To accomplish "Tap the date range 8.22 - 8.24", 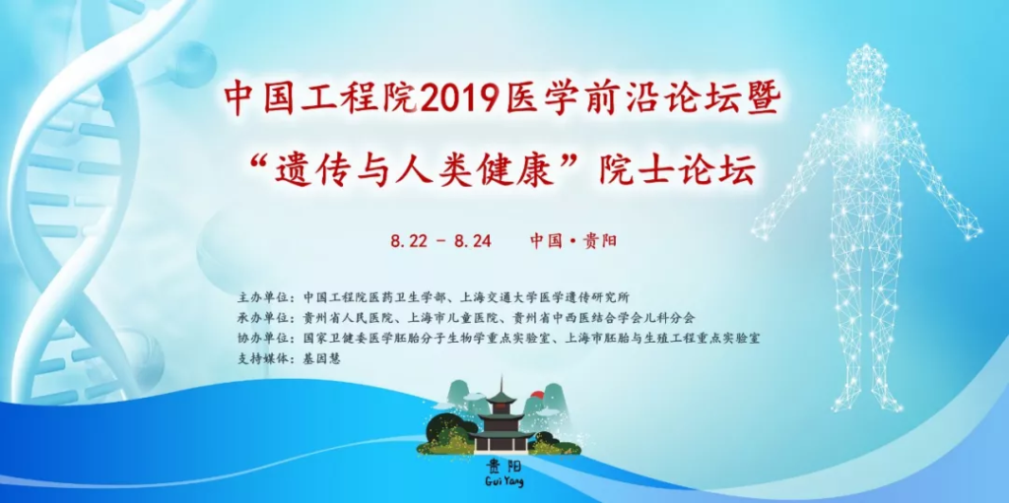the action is (x=440, y=241).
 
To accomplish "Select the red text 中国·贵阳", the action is (x=573, y=241).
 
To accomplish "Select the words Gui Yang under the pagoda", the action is (x=502, y=480).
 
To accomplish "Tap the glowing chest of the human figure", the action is (x=866, y=132).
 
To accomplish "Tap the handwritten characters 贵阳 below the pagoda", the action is (x=503, y=465).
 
